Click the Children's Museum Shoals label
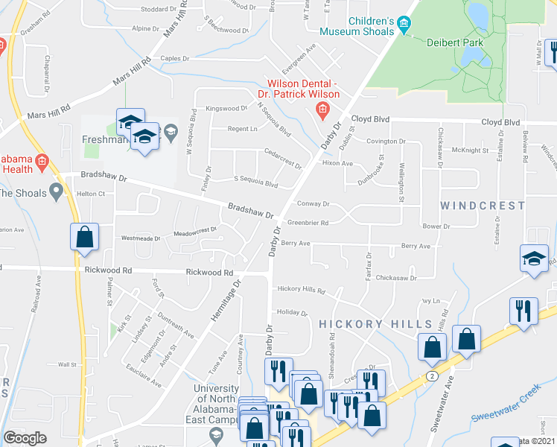357,25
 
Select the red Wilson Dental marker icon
322,112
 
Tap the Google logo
25,438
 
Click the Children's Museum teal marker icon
404,25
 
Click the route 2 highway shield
432,376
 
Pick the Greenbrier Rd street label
308,222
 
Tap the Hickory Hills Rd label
301,289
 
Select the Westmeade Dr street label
141,238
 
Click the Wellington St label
401,183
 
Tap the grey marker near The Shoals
55,193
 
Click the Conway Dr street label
313,203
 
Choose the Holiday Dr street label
292,313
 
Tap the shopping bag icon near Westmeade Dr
85,237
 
